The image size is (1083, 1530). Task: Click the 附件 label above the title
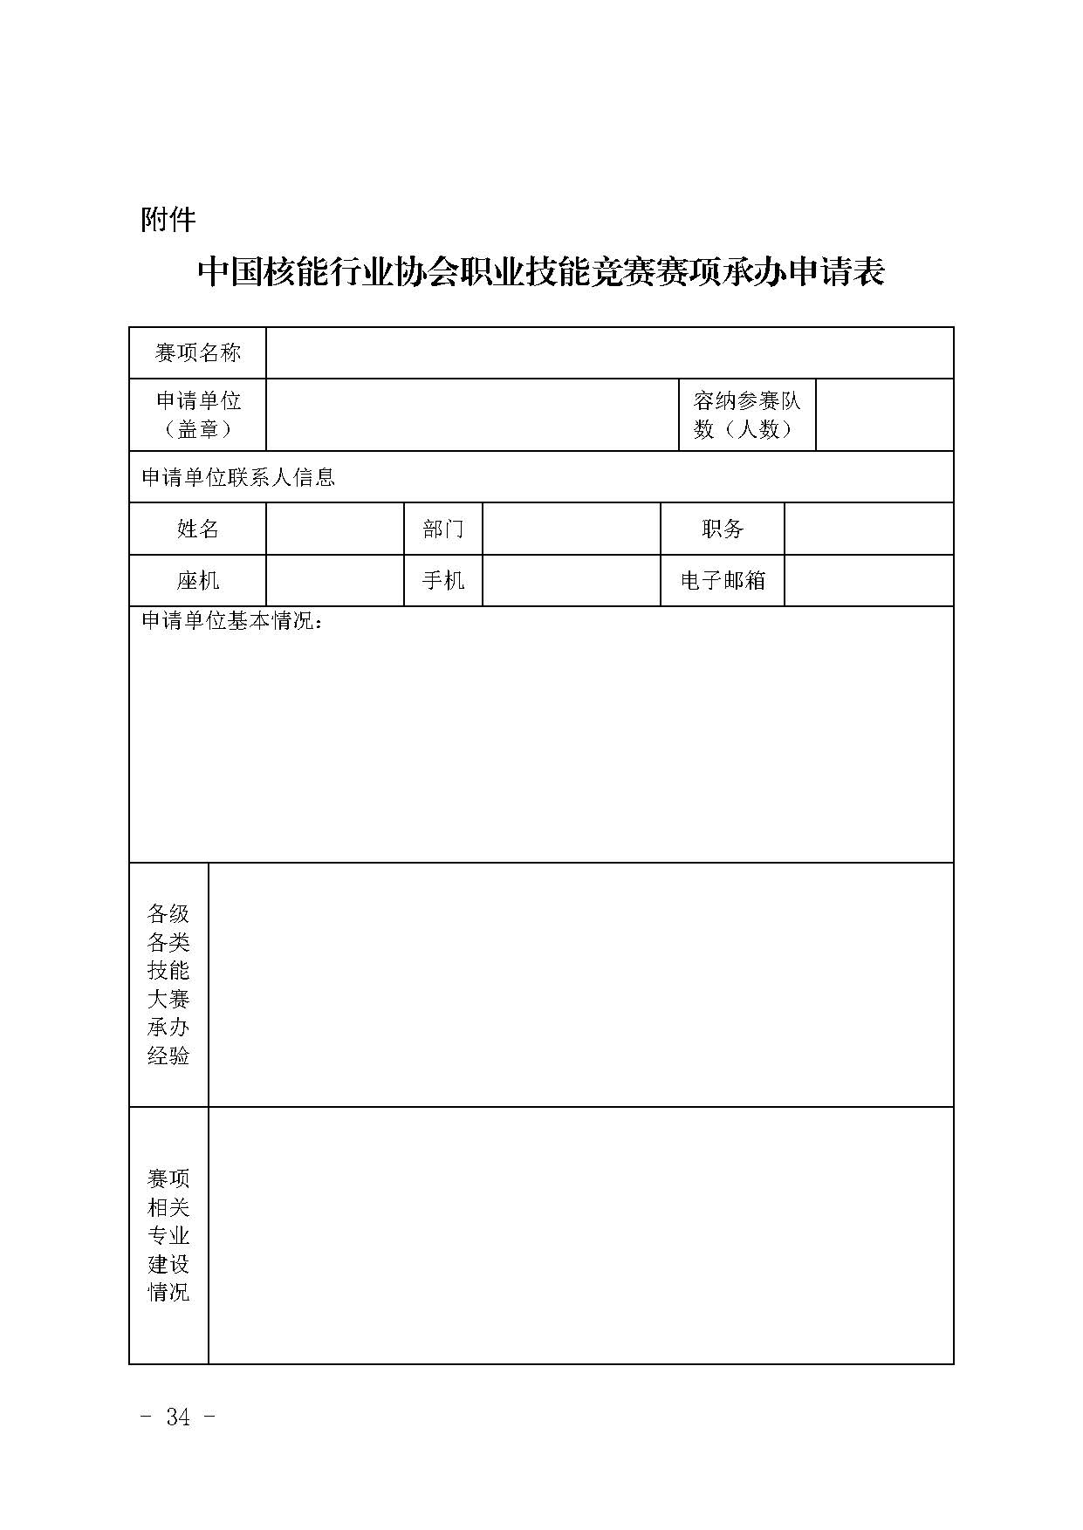168,219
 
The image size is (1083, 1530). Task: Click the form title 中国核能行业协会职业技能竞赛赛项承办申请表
541,272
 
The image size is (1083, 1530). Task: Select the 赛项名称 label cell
197,352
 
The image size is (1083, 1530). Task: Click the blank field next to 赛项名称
609,352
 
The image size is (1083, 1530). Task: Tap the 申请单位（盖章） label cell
197,414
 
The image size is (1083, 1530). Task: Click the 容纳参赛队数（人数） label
747,414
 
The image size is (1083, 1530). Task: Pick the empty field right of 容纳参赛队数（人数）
884,414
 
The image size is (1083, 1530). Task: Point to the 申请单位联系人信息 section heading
238,477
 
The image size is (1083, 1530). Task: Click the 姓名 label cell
197,529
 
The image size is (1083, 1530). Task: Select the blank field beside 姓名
334,529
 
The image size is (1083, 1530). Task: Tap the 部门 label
442,529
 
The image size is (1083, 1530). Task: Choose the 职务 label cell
722,529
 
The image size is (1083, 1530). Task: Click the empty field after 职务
868,529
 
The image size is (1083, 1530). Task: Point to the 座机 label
197,580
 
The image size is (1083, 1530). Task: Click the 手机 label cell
442,580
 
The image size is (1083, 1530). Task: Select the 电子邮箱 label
722,580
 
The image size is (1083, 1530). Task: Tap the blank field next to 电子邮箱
868,580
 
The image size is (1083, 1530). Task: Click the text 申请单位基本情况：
232,621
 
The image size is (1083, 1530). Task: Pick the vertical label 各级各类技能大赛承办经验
168,984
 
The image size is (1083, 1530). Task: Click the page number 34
178,1417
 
